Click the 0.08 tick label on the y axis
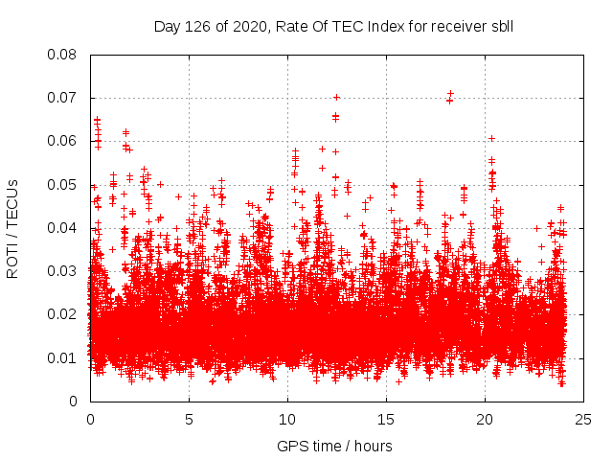tap(64, 55)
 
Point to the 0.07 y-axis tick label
tap(64, 98)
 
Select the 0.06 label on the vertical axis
tap(64, 141)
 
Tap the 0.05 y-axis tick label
tap(64, 184)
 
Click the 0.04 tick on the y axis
tap(64, 227)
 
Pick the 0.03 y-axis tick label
tap(64, 271)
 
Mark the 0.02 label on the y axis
tap(64, 314)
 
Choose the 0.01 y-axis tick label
tap(64, 357)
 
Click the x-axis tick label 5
tap(189, 419)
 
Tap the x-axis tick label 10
tap(287, 419)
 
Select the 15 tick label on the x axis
tap(386, 419)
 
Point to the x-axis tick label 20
tap(485, 419)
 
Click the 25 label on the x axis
tap(583, 419)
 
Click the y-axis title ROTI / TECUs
tap(13, 228)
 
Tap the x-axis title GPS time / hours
tap(334, 446)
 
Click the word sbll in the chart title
tap(500, 26)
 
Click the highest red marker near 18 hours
tap(450, 94)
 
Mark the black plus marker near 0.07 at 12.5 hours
tap(336, 97)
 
